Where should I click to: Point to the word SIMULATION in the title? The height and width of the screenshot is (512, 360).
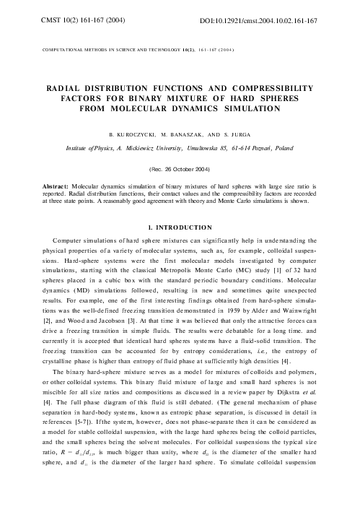click(x=239, y=108)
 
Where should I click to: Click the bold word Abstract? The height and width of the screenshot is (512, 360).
click(x=58, y=186)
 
